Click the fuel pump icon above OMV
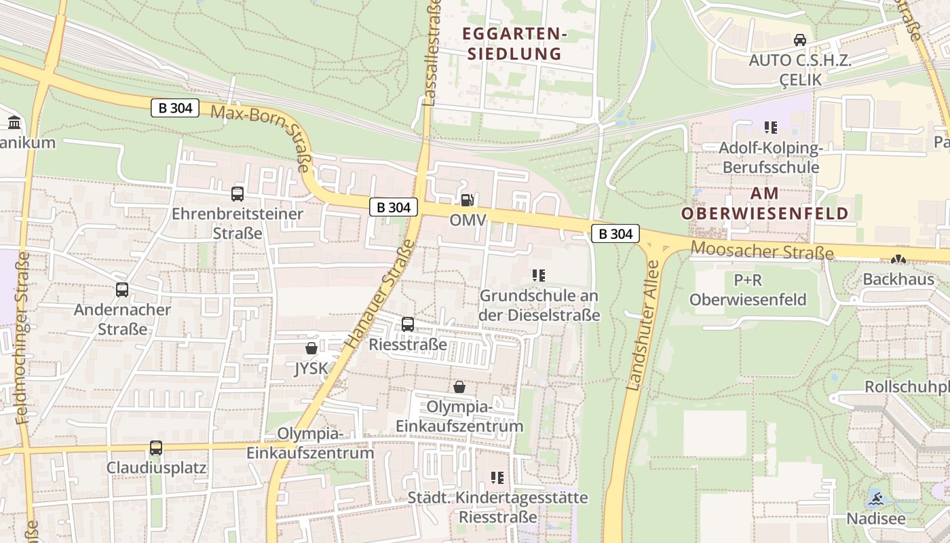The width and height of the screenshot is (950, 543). (x=466, y=200)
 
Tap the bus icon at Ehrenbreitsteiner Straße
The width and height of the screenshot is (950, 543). (x=237, y=194)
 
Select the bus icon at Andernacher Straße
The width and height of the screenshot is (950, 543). (x=122, y=290)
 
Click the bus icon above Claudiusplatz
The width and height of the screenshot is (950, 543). (x=156, y=448)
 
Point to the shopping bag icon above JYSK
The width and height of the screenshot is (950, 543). (x=311, y=348)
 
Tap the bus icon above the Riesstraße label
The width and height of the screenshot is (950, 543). (x=408, y=324)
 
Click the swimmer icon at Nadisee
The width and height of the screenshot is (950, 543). (x=875, y=500)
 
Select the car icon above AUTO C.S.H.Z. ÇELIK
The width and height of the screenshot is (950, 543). (x=800, y=40)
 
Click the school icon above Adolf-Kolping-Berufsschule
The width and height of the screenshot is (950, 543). (x=770, y=127)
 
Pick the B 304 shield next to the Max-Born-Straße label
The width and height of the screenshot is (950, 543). (x=175, y=107)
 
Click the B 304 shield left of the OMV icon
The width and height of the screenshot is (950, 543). (x=394, y=208)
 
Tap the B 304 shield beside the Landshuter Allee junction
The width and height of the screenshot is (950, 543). (x=615, y=234)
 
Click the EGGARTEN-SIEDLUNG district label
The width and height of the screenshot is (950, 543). (x=514, y=43)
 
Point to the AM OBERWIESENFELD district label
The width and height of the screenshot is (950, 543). (x=765, y=204)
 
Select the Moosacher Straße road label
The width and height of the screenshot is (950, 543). (x=762, y=251)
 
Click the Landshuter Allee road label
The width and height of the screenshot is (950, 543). (x=643, y=326)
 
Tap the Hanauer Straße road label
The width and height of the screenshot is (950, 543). (x=379, y=295)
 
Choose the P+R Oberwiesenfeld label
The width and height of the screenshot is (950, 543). (x=748, y=290)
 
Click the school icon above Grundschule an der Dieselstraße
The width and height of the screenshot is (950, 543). (x=539, y=275)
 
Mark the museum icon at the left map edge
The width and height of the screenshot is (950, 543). (x=14, y=123)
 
